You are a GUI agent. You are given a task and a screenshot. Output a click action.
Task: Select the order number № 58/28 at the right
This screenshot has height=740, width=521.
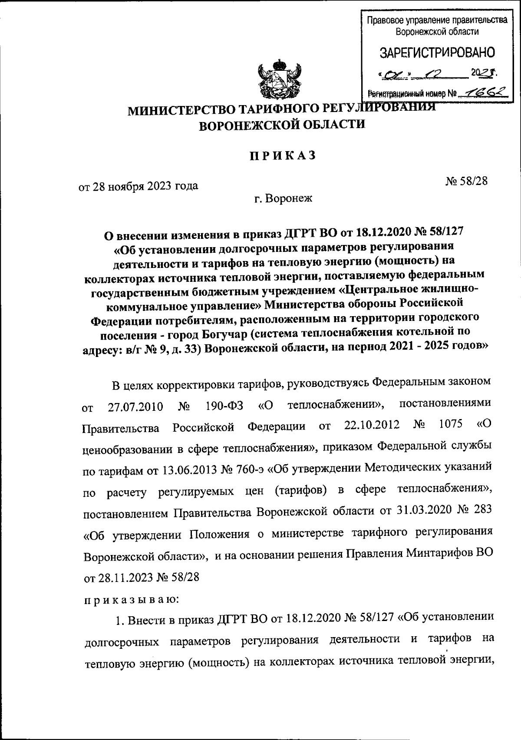466,181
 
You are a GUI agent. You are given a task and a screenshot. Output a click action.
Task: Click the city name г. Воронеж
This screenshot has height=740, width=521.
283,199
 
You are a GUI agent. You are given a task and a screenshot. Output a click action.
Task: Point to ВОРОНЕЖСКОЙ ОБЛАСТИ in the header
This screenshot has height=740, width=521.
282,125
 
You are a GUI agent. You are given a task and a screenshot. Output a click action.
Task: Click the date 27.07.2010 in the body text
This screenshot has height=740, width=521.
135,407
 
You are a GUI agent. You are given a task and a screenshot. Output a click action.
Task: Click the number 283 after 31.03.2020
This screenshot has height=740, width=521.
481,510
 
